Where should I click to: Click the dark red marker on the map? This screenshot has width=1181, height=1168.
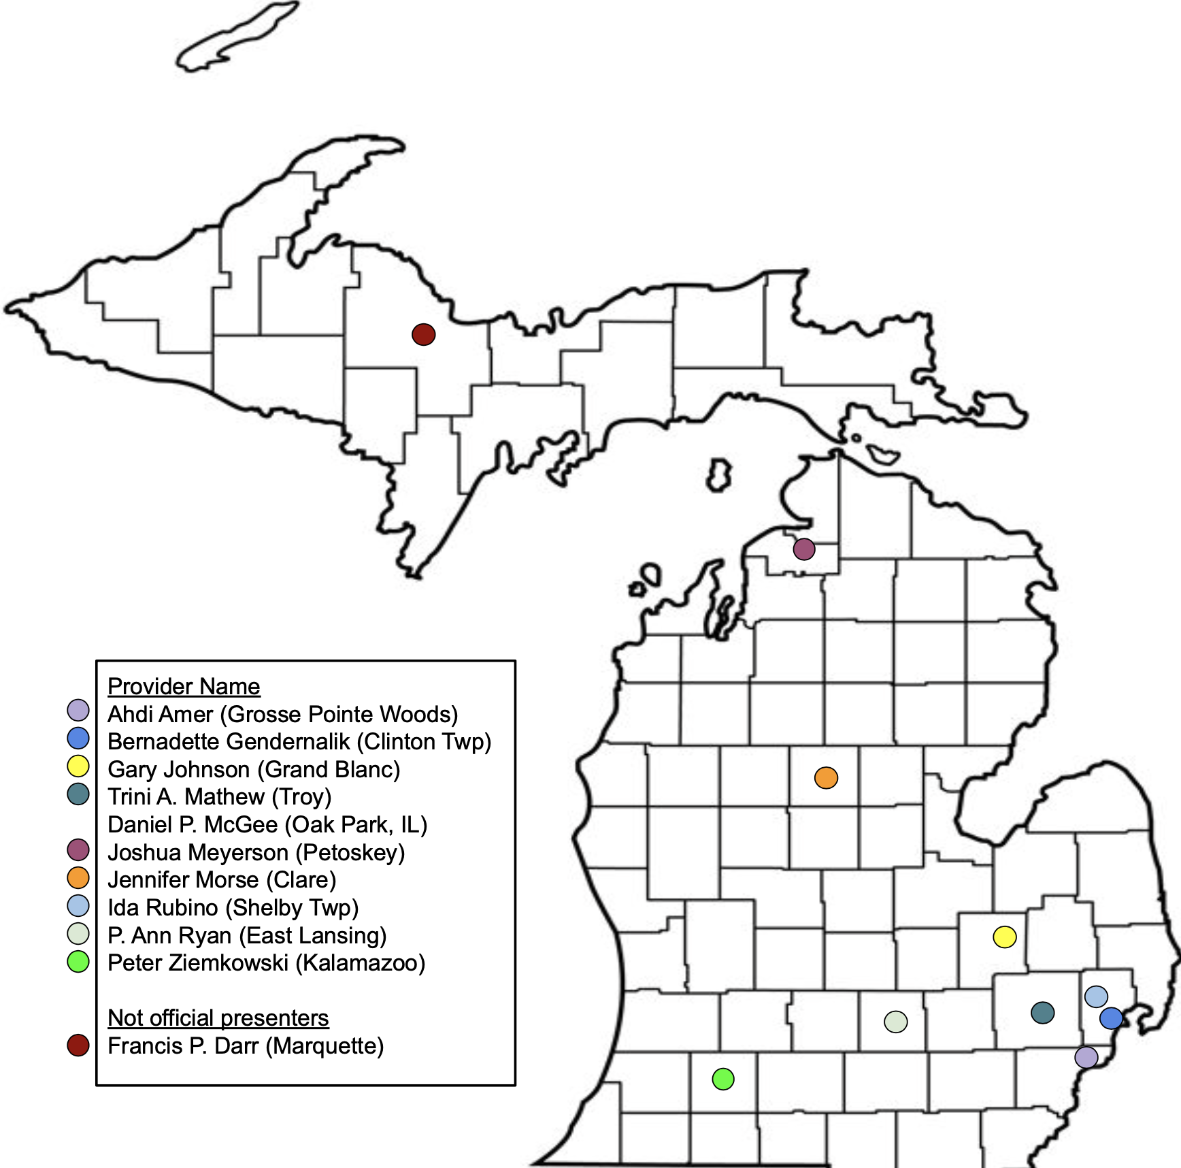click(x=423, y=334)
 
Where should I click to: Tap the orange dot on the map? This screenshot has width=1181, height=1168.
click(x=826, y=777)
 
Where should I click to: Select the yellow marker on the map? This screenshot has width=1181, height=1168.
click(x=1004, y=937)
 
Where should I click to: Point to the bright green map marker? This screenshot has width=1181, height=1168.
click(x=722, y=1079)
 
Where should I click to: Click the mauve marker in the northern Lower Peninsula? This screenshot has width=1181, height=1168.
click(x=803, y=549)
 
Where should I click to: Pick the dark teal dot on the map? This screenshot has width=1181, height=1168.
click(x=1042, y=1012)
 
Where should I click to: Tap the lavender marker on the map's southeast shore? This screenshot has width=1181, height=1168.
click(x=1086, y=1057)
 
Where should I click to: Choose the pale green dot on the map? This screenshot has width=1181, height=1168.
click(x=895, y=1022)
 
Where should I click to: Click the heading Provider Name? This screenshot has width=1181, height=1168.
click(x=184, y=686)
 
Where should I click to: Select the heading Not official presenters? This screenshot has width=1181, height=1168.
click(x=218, y=1018)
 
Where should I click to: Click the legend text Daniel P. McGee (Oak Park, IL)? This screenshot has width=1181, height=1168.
click(x=267, y=824)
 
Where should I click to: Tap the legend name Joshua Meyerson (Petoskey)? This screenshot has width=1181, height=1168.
click(x=256, y=852)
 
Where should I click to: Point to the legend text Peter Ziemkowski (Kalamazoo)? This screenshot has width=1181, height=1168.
click(x=266, y=962)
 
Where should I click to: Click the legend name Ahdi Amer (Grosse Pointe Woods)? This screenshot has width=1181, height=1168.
click(x=282, y=714)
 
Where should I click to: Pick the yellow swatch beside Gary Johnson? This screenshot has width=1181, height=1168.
click(x=78, y=766)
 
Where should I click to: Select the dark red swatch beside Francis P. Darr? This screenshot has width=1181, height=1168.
click(x=78, y=1045)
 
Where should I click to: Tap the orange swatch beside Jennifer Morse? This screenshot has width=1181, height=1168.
click(x=78, y=877)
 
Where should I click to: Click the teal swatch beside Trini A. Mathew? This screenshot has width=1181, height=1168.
click(x=78, y=794)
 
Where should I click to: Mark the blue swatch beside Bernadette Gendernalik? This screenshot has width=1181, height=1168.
click(x=78, y=739)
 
